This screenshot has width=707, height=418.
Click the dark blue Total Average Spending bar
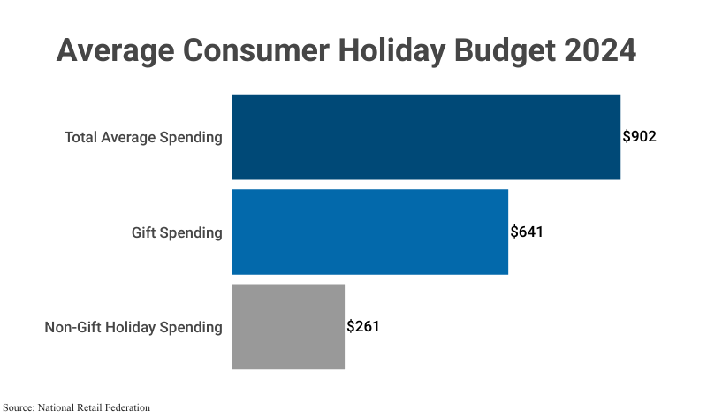426,137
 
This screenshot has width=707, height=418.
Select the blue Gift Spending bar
369,232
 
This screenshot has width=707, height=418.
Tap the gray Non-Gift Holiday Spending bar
288,326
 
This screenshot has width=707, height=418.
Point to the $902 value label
640,137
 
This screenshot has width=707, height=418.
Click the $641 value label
527,232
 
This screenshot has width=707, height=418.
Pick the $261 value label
363,326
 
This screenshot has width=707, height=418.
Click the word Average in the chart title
114,49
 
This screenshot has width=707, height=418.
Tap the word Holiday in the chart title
392,49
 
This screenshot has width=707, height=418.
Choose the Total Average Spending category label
143,138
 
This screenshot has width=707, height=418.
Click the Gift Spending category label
177,232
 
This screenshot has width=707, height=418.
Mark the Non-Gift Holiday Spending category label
133,327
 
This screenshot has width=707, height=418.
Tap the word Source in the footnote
18,407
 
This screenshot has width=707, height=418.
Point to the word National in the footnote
56,407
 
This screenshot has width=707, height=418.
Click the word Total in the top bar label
80,138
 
